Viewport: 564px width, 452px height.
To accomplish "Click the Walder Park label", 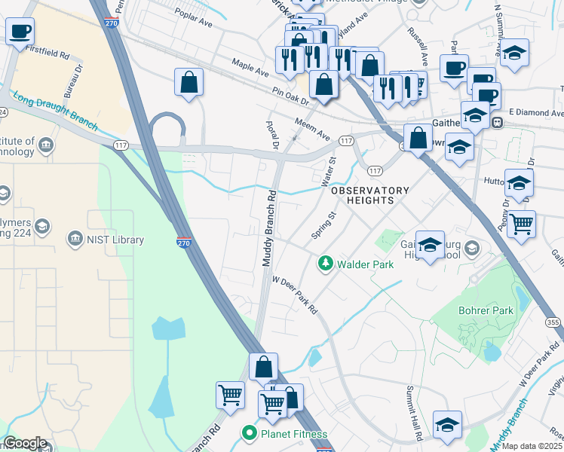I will tap(365, 264).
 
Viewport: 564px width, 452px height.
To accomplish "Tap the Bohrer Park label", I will tap(486, 310).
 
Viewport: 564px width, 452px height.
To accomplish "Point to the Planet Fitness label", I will tap(293, 434).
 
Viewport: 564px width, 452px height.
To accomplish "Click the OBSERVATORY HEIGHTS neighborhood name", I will tap(370, 195).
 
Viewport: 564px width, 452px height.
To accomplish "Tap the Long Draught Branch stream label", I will tap(55, 108).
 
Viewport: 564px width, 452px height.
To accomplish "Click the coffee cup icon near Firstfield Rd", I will tap(20, 32).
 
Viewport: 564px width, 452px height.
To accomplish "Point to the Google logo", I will tap(25, 443).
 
